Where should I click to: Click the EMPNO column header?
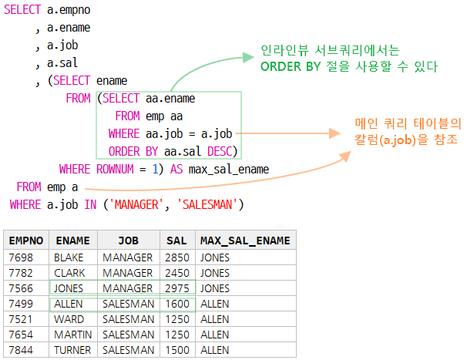pyautogui.click(x=25, y=241)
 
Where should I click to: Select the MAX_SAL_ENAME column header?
pyautogui.click(x=244, y=241)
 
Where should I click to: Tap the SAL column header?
pyautogui.click(x=176, y=241)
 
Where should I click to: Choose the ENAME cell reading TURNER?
pyautogui.click(x=72, y=350)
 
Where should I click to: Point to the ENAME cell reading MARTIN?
pyautogui.click(x=73, y=335)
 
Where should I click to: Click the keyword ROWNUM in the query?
pyautogui.click(x=119, y=170)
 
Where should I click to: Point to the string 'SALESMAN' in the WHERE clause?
pyautogui.click(x=210, y=204)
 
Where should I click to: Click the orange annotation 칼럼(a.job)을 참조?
pyautogui.click(x=405, y=140)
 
